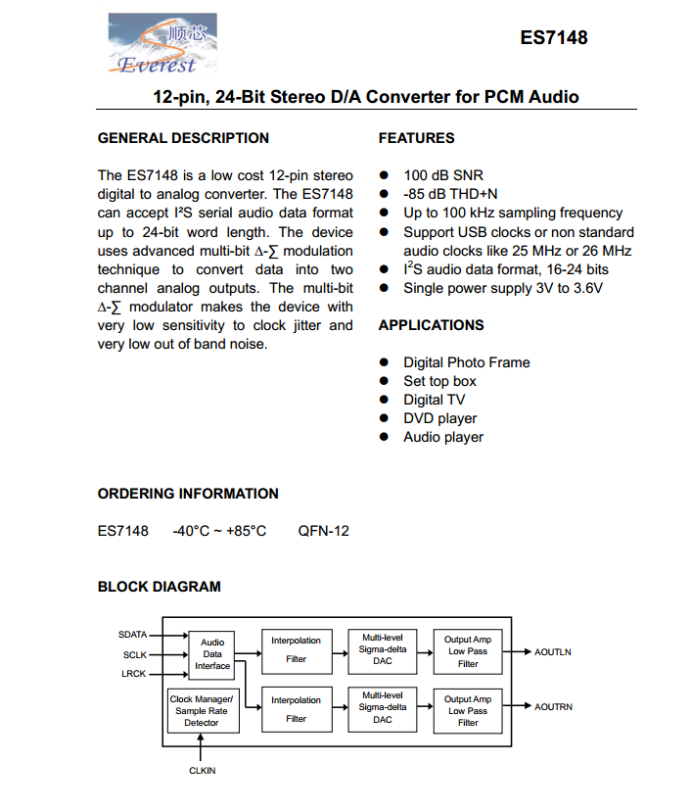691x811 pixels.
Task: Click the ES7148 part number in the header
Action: click(553, 38)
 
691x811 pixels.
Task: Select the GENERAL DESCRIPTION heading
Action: click(183, 138)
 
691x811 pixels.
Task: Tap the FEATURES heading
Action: click(416, 138)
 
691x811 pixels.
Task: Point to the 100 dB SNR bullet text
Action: click(443, 176)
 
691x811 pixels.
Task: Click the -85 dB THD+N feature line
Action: click(450, 195)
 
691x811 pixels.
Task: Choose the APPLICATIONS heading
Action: click(431, 325)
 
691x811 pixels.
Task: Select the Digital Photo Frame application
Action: click(467, 362)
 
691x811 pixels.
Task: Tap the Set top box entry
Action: click(439, 381)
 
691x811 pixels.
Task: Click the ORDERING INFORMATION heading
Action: click(188, 494)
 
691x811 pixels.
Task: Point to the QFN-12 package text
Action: click(323, 531)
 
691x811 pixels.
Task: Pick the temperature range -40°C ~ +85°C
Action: click(219, 531)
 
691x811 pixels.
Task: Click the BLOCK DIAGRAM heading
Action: click(160, 587)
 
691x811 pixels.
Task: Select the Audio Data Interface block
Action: click(212, 654)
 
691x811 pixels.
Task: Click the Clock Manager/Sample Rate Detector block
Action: click(202, 711)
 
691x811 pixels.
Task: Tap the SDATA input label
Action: click(132, 635)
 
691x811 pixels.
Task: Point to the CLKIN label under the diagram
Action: click(202, 771)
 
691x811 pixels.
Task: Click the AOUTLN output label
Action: click(553, 651)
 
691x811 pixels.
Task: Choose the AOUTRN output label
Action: click(554, 706)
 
